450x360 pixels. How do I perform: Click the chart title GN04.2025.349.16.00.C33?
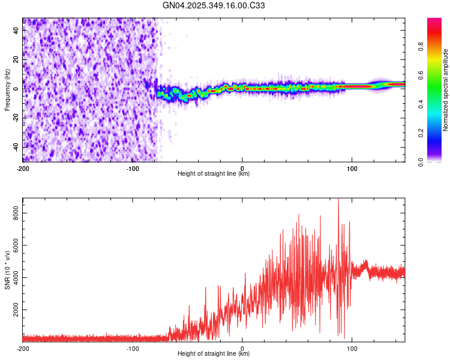[214, 6]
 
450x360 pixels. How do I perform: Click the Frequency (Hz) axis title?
[7, 90]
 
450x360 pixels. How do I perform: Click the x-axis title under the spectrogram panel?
[214, 174]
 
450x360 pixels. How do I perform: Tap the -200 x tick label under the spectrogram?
[23, 168]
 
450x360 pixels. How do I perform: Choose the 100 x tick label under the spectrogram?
[352, 168]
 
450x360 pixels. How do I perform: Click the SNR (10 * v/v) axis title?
[7, 270]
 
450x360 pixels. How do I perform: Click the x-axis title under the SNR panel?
[214, 354]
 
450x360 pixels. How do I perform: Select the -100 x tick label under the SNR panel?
[133, 348]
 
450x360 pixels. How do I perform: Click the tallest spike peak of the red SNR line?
[338, 199]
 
